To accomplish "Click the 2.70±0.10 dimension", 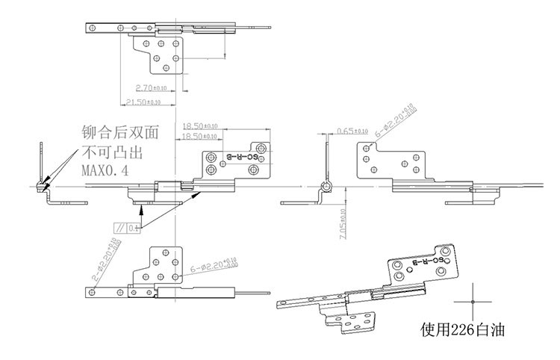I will [149, 87].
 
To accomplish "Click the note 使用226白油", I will [456, 329].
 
